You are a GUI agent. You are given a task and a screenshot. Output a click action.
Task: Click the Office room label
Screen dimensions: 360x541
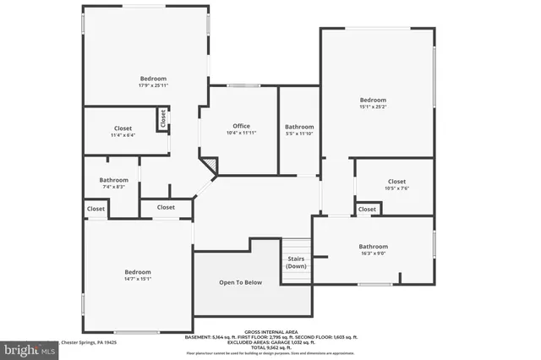click(x=241, y=126)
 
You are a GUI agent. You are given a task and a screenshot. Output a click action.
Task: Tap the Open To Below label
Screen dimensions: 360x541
click(x=241, y=282)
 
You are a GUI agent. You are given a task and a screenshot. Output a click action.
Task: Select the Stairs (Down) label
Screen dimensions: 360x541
click(x=296, y=262)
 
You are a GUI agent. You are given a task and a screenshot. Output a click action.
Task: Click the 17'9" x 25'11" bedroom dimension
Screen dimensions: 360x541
click(x=153, y=85)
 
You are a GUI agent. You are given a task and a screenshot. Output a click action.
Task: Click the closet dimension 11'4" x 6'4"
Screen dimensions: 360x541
click(x=123, y=135)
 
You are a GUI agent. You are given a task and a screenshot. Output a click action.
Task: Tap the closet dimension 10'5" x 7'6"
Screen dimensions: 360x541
click(x=396, y=188)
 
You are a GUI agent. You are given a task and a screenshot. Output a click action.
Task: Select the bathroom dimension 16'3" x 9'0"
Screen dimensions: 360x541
click(x=373, y=253)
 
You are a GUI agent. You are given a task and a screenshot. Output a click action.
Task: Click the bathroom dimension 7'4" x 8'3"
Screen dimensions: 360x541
click(x=113, y=187)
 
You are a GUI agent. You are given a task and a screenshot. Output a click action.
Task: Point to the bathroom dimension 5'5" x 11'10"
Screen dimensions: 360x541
click(x=299, y=134)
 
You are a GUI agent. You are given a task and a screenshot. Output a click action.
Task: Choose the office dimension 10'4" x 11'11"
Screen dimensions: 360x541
click(x=241, y=134)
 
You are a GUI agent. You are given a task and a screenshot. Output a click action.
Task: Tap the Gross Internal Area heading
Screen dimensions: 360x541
click(x=270, y=331)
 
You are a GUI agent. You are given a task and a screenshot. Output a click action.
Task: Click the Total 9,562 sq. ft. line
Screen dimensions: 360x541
click(x=270, y=346)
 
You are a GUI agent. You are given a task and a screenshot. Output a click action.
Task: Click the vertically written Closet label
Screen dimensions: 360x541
click(x=161, y=120)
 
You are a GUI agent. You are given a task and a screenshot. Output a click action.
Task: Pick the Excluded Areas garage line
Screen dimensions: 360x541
click(x=270, y=341)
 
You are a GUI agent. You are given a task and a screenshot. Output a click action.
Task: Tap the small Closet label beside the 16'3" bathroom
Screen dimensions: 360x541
click(x=367, y=209)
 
